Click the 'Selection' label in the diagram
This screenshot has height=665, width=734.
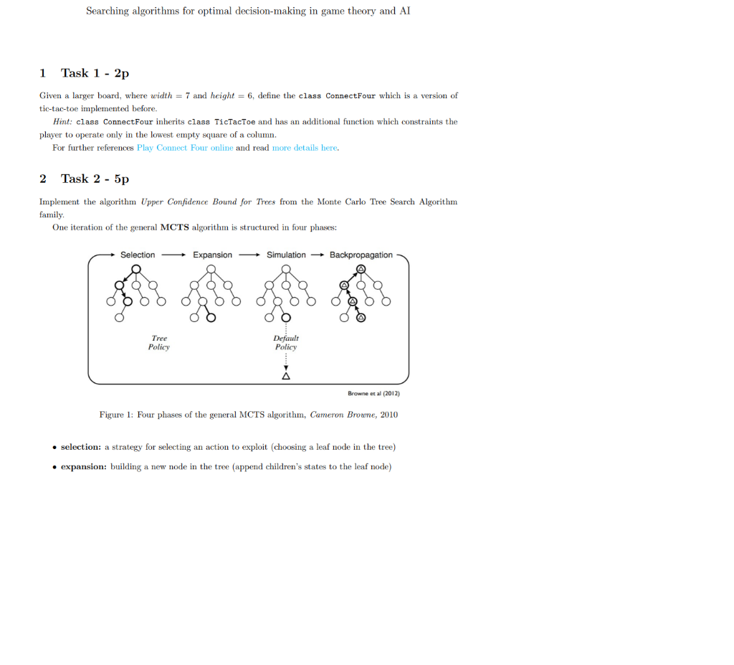pos(137,255)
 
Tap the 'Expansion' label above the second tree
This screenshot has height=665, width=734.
pos(212,255)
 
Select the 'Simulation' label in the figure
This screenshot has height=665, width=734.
pos(286,255)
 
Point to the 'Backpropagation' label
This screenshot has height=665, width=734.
pos(361,255)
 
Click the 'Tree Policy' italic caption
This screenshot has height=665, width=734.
pos(159,342)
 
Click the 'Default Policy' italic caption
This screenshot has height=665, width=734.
pos(286,342)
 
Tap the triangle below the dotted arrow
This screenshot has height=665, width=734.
pos(286,375)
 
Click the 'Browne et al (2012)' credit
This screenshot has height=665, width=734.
pos(373,393)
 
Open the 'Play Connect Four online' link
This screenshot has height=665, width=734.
pos(185,147)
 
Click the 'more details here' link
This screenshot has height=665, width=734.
pos(305,147)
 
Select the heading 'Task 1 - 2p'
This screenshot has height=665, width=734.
pos(95,73)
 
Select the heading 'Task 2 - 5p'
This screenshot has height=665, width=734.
pos(95,179)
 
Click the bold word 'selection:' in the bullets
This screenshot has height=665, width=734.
pos(80,447)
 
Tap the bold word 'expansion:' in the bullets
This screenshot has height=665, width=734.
pos(83,466)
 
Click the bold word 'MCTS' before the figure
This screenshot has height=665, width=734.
pos(174,227)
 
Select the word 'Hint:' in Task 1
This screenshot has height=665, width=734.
pos(62,122)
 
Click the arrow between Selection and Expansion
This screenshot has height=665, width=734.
pos(173,255)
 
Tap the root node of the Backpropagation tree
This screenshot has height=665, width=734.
pos(361,268)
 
